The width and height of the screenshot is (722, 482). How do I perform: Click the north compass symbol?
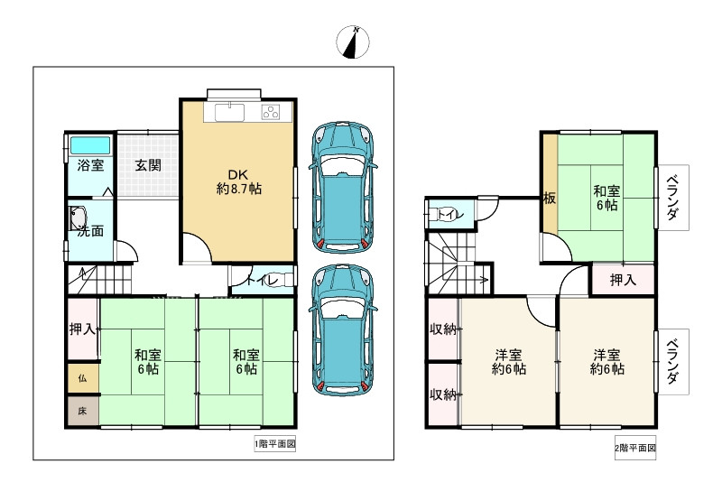coord(353,42)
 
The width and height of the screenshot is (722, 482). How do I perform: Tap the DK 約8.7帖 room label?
coord(239,181)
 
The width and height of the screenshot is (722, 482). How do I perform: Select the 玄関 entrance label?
coord(148,165)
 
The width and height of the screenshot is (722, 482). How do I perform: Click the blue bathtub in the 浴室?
coord(90,145)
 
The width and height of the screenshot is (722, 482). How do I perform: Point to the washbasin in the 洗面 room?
coord(78,218)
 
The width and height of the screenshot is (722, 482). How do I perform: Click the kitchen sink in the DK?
coord(229,111)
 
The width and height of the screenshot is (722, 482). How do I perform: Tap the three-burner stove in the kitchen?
coord(270,111)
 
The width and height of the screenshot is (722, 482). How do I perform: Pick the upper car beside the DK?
coord(343,187)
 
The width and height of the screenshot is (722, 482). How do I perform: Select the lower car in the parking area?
coord(343,329)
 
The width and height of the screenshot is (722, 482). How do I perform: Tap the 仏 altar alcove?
coord(83,378)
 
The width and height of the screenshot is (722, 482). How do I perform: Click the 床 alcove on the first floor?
coord(83,411)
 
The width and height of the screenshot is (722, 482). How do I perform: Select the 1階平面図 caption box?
coord(275,444)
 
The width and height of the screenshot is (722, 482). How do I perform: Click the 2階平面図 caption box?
coord(635,448)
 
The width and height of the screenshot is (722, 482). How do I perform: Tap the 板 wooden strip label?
coord(550,199)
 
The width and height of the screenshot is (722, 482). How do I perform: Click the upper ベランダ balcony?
coord(672,198)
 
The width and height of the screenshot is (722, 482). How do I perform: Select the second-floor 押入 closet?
coord(623,280)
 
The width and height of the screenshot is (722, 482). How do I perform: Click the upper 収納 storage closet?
coord(443,329)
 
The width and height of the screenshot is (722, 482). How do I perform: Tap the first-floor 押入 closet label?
coord(83,329)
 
